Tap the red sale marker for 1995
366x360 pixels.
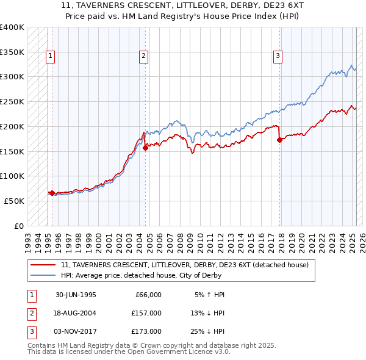[x=52, y=193]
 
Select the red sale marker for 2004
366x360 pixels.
[x=146, y=148]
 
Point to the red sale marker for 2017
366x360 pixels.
[x=280, y=140]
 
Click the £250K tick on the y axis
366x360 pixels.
[x=12, y=101]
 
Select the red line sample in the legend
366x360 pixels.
[x=43, y=265]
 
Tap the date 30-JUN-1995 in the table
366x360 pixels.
[x=76, y=295]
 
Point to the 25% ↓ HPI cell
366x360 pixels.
[x=207, y=331]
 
